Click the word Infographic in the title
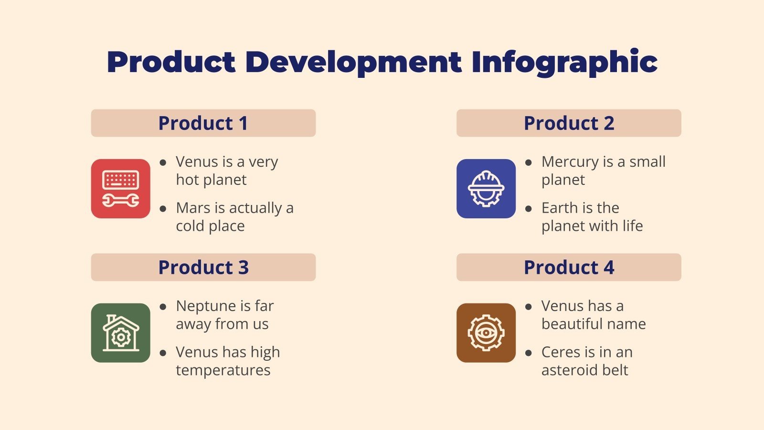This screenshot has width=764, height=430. click(564, 62)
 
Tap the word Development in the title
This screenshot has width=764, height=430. click(353, 62)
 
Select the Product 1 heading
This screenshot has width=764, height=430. click(203, 123)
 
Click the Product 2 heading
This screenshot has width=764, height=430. click(569, 123)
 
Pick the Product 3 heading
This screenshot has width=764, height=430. click(203, 268)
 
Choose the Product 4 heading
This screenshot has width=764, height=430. click(569, 268)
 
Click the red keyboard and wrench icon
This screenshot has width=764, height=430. click(121, 189)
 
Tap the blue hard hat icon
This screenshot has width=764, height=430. click(486, 189)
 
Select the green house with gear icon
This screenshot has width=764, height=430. click(121, 333)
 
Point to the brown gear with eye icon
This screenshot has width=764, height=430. click(486, 333)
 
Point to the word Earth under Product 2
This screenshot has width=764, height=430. click(559, 208)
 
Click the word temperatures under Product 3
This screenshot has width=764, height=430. click(223, 370)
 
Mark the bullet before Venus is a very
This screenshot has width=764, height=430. click(163, 162)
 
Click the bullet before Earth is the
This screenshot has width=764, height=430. click(529, 209)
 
